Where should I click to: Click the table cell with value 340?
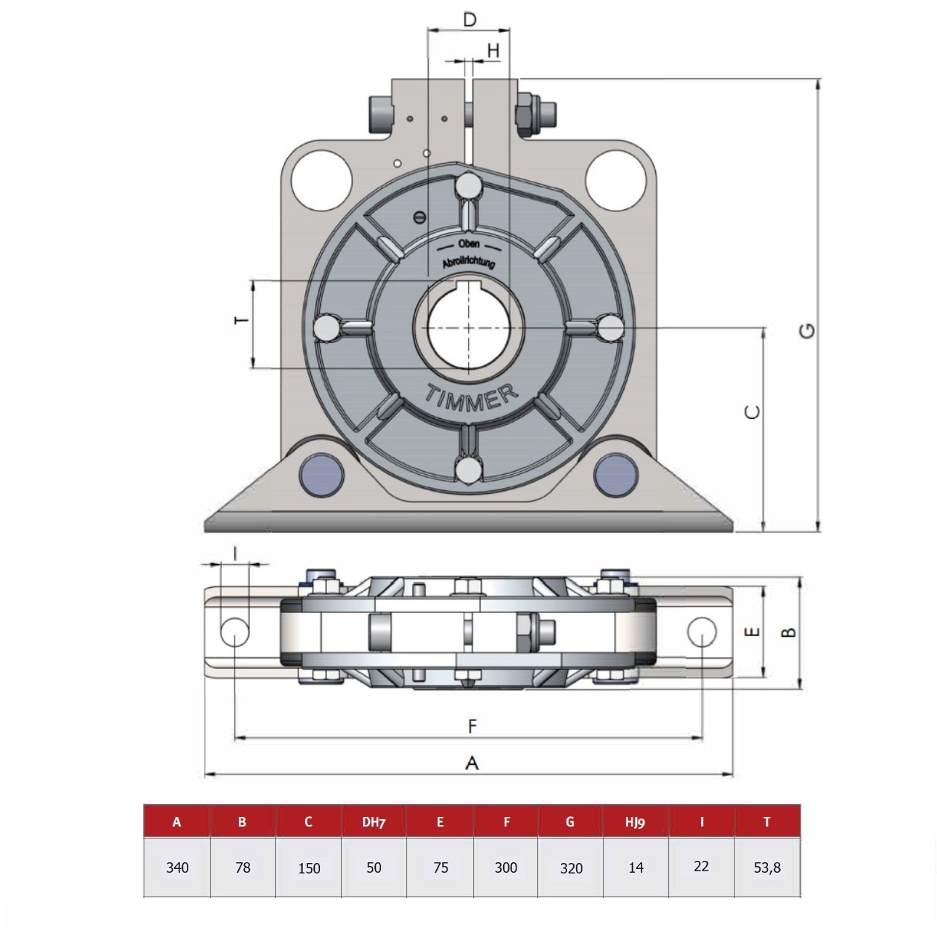pos(177,868)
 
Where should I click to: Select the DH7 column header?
pos(374,821)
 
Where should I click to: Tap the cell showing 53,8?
pos(767,868)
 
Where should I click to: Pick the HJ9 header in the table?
pos(635,821)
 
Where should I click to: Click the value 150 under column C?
pos(309,868)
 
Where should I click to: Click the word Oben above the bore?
pos(469,243)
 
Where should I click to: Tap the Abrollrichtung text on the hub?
pos(468,262)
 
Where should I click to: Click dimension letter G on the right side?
pos(807,330)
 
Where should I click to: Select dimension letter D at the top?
pos(470,19)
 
